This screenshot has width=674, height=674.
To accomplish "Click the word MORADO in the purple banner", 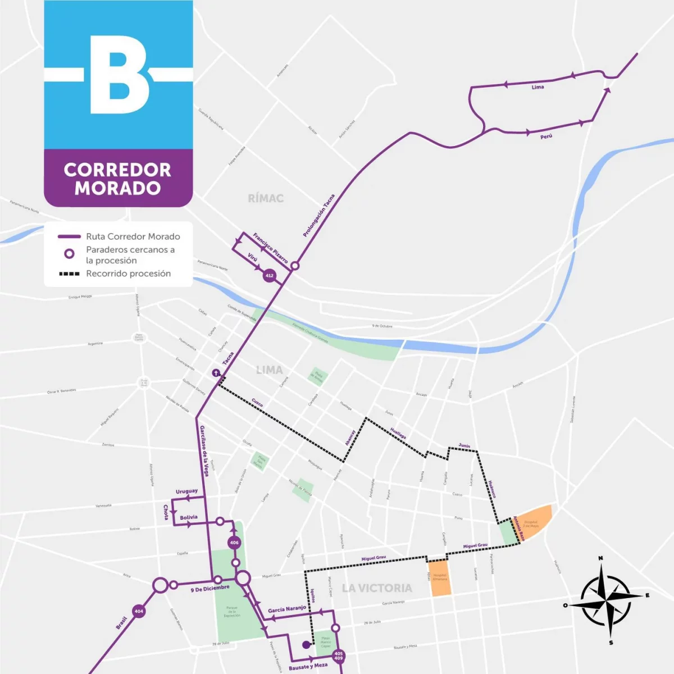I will click(x=117, y=188).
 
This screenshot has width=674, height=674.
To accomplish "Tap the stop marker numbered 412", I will click(x=270, y=275).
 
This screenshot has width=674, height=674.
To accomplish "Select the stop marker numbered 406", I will click(x=234, y=543).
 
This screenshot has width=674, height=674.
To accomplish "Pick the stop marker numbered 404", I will click(x=139, y=611).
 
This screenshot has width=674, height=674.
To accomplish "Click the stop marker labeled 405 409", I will click(x=338, y=655).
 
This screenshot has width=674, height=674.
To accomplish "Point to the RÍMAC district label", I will click(x=266, y=198).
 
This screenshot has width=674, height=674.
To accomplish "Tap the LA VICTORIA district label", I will click(x=377, y=588).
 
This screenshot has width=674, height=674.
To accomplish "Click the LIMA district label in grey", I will click(x=269, y=370).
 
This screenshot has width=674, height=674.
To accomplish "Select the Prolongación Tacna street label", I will click(x=318, y=215).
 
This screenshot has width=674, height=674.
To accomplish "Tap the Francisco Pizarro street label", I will click(x=270, y=248).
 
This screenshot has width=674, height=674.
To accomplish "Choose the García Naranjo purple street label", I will click(x=287, y=609).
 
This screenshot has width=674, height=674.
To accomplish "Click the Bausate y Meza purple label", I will click(x=308, y=667).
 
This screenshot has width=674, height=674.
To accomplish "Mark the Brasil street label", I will click(x=121, y=622).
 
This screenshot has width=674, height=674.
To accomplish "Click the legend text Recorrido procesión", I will click(x=128, y=274).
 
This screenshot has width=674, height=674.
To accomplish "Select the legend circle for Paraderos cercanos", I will click(x=69, y=254).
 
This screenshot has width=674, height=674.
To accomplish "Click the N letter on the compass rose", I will click(x=600, y=558).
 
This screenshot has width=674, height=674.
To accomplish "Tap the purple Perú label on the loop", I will click(x=546, y=136).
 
